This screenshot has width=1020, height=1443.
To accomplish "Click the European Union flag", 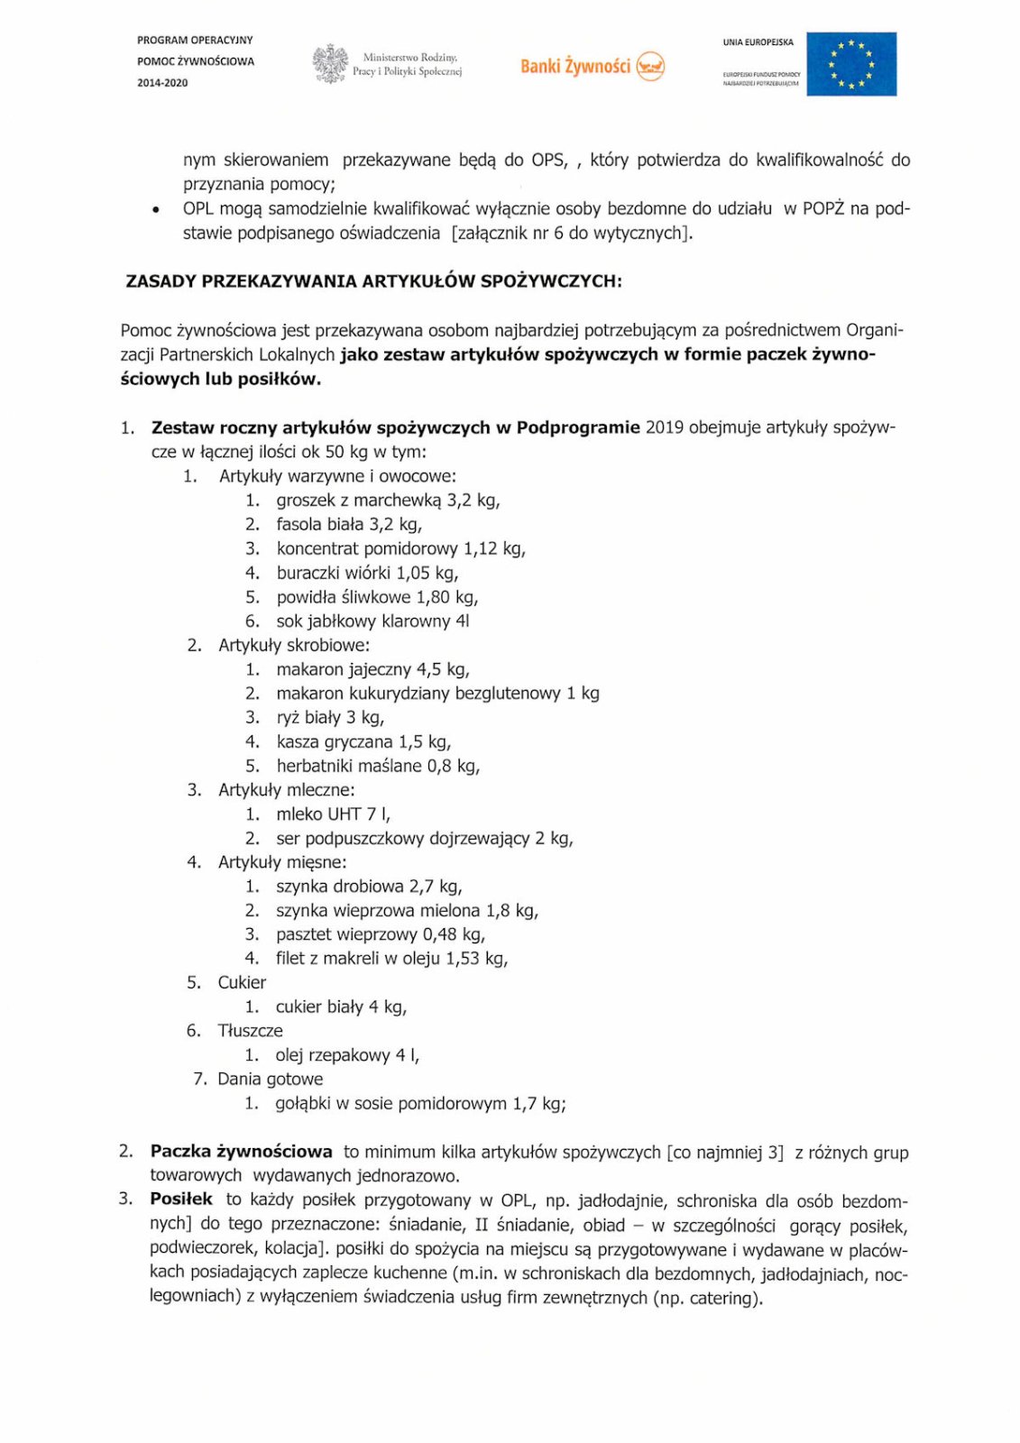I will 850,64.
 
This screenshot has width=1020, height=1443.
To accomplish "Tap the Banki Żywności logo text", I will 575,66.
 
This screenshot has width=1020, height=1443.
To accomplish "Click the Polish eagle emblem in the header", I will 330,64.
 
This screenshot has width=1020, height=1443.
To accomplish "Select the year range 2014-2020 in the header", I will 163,83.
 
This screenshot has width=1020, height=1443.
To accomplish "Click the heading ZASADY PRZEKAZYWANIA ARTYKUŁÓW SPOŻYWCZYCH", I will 373,281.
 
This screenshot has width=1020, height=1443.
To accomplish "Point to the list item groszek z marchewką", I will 388,501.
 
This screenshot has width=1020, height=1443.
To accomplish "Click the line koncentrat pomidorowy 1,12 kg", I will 400,548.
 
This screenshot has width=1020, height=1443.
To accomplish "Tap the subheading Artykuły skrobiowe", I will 294,646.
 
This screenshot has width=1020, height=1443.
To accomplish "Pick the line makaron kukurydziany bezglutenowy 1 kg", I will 437,694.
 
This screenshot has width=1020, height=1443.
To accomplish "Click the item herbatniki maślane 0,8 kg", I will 378,767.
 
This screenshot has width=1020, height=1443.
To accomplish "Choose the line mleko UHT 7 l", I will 333,814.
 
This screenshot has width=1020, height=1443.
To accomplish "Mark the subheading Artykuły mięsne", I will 282,863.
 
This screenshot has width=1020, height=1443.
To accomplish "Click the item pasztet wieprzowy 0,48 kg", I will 381,935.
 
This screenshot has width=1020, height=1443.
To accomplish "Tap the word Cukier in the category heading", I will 242,983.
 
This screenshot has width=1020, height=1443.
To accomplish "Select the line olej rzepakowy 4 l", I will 347,1055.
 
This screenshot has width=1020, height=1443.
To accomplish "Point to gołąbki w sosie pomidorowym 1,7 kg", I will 420,1104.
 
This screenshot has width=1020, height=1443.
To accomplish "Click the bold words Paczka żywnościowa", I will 242,1152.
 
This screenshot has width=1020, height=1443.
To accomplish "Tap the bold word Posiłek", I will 181,1199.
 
